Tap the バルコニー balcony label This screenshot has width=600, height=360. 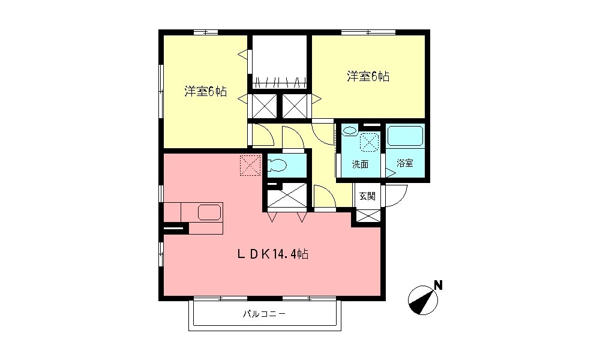[x=264, y=313]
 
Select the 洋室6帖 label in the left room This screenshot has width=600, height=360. [x=205, y=92]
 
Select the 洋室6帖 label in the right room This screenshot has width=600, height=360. [x=368, y=77]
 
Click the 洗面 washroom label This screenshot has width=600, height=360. [x=360, y=164]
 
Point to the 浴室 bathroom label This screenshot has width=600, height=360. [x=405, y=164]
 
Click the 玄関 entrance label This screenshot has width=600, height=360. [x=367, y=196]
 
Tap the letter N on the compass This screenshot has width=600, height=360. [x=439, y=285]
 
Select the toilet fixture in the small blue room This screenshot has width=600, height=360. [x=280, y=165]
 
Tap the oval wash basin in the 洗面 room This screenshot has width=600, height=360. [x=350, y=130]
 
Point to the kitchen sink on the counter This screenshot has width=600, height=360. [x=209, y=212]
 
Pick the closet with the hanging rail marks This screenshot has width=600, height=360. [x=279, y=63]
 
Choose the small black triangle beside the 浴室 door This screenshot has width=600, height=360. [x=390, y=173]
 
